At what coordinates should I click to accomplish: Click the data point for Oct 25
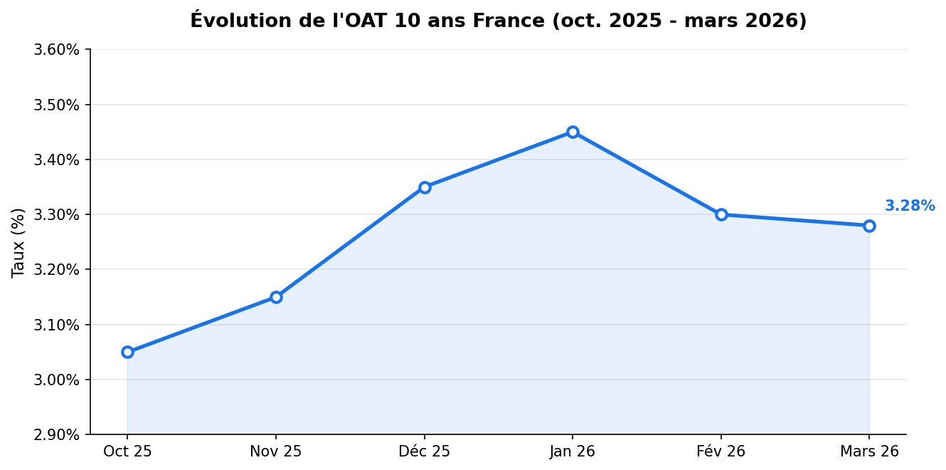pyautogui.click(x=127, y=352)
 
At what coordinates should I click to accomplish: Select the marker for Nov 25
pyautogui.click(x=276, y=297)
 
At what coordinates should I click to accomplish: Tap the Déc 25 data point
pyautogui.click(x=425, y=187)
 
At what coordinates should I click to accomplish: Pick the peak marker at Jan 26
pyautogui.click(x=573, y=132)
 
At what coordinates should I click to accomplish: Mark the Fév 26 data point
pyautogui.click(x=721, y=214)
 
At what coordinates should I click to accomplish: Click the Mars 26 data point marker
pyautogui.click(x=869, y=226)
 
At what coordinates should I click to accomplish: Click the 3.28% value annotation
pyautogui.click(x=910, y=207)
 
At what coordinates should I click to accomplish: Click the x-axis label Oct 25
pyautogui.click(x=127, y=451)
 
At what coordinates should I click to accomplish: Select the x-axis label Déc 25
pyautogui.click(x=425, y=451)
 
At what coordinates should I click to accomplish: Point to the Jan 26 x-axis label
pyautogui.click(x=573, y=451)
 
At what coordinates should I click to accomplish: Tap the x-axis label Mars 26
pyautogui.click(x=869, y=451)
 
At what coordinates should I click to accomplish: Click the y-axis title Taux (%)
pyautogui.click(x=18, y=242)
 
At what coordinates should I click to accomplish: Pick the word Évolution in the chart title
pyautogui.click(x=230, y=21)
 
